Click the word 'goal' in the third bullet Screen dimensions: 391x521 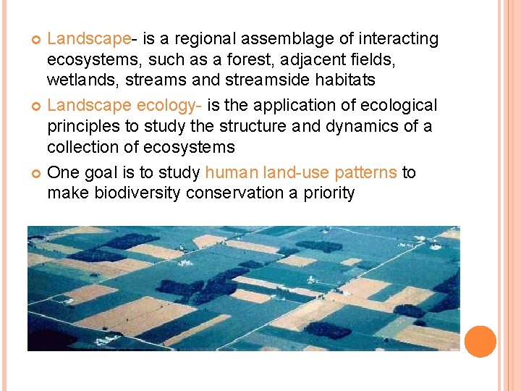pyautogui.click(x=96, y=173)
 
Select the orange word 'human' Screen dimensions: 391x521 pyautogui.click(x=229, y=172)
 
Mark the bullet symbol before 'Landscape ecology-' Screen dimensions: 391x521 pyautogui.click(x=36, y=106)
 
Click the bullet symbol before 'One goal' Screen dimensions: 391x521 pyautogui.click(x=36, y=173)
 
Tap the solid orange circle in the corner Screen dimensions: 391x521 pyautogui.click(x=480, y=341)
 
